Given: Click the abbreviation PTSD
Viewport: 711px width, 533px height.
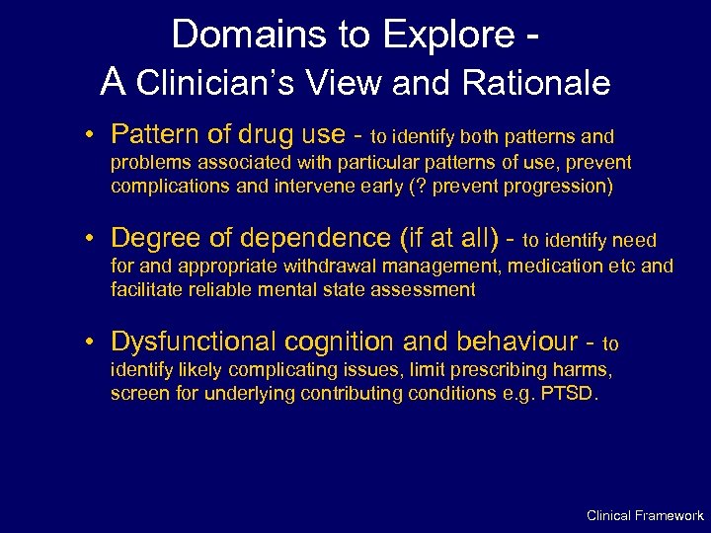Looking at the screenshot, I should (x=568, y=395).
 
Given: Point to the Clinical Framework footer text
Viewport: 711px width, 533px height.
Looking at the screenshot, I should (x=645, y=515).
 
